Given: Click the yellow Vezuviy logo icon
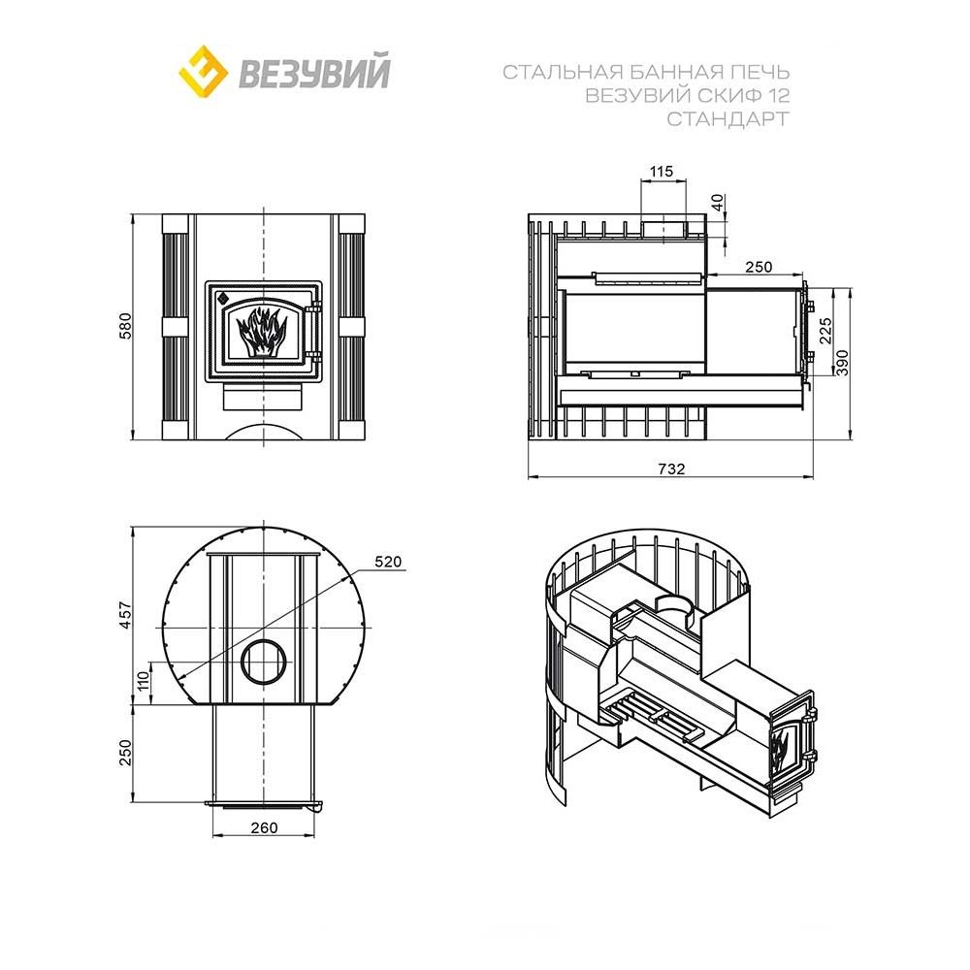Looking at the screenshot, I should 203,71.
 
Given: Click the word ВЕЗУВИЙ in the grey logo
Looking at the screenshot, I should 313,73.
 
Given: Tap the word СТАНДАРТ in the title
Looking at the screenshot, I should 727,118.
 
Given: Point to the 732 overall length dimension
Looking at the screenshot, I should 671,469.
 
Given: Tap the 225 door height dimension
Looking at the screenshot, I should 825,330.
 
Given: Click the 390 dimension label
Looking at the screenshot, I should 842,361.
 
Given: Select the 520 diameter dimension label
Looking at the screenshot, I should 387,562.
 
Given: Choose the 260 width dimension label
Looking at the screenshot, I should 263,827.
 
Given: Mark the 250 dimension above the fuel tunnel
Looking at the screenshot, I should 759,266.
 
